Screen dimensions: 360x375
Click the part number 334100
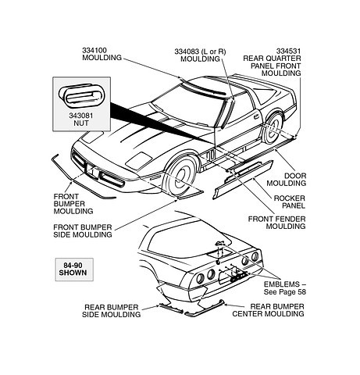point(94,50)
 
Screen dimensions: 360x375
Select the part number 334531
point(288,51)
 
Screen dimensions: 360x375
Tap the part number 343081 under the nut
point(81,116)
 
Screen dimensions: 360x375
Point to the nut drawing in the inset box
point(82,95)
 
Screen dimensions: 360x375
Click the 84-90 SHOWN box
point(74,270)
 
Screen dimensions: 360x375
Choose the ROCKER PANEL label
point(289,202)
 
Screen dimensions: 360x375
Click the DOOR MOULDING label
point(286,180)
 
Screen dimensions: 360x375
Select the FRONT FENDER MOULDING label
point(276,223)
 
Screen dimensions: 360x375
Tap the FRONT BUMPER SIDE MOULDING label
point(83,231)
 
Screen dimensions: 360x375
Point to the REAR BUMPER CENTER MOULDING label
point(268,310)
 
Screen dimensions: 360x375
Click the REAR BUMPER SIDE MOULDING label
point(112,311)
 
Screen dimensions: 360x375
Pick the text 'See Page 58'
point(285,292)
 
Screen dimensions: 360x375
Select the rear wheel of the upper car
point(273,128)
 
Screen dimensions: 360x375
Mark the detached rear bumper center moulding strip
point(204,309)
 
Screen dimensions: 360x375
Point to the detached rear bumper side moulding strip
point(170,308)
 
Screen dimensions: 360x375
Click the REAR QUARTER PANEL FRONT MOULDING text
point(272,66)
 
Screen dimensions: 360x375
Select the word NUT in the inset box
point(81,123)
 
